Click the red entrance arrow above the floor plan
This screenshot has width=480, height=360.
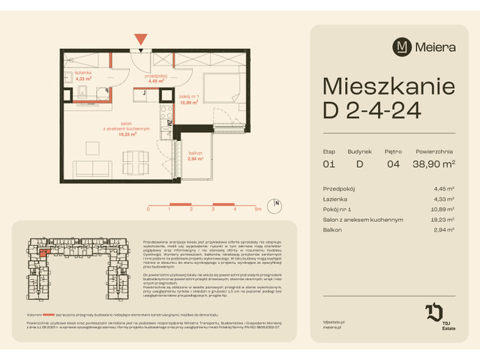140,37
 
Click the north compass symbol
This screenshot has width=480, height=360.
277,203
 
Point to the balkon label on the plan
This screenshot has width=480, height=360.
195,154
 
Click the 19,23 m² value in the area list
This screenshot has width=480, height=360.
444,220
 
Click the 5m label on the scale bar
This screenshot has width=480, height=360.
257,209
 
